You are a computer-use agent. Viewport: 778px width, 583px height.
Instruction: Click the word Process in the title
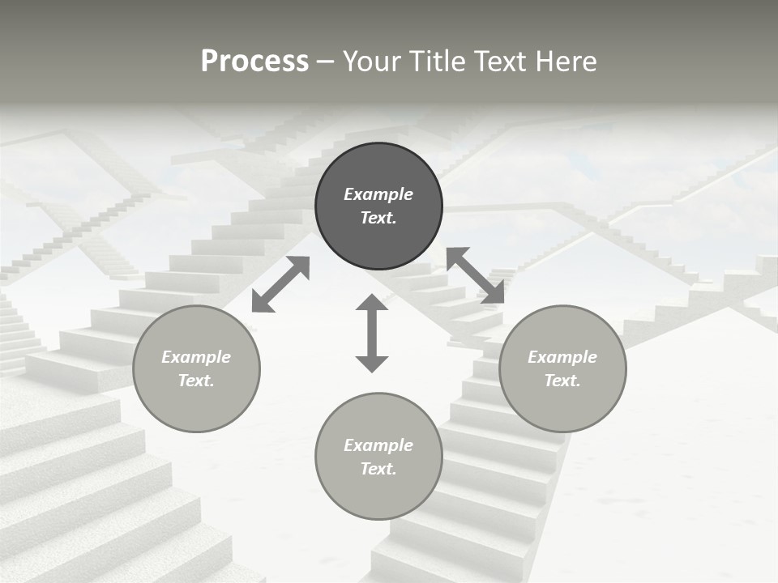[254, 62]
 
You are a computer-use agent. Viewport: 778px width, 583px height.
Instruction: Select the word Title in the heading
[438, 62]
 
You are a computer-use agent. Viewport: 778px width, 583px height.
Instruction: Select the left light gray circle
[196, 396]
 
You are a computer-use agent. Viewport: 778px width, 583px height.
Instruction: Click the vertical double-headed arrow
[372, 333]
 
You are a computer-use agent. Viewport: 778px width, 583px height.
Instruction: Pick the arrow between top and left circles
[280, 283]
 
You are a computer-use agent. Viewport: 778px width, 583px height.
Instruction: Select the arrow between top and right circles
[475, 275]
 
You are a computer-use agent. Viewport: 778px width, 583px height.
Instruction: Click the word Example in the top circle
[378, 194]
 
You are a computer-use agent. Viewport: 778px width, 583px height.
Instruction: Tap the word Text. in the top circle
[378, 218]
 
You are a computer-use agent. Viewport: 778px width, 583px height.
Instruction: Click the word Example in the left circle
[196, 357]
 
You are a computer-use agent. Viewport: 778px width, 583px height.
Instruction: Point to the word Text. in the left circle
[196, 381]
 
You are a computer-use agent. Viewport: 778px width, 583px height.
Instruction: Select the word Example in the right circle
[562, 357]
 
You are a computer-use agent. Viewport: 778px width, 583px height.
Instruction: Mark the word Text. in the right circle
[562, 381]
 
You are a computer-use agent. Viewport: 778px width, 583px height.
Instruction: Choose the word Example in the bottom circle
[378, 445]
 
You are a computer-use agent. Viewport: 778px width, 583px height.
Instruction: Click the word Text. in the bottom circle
[378, 469]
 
